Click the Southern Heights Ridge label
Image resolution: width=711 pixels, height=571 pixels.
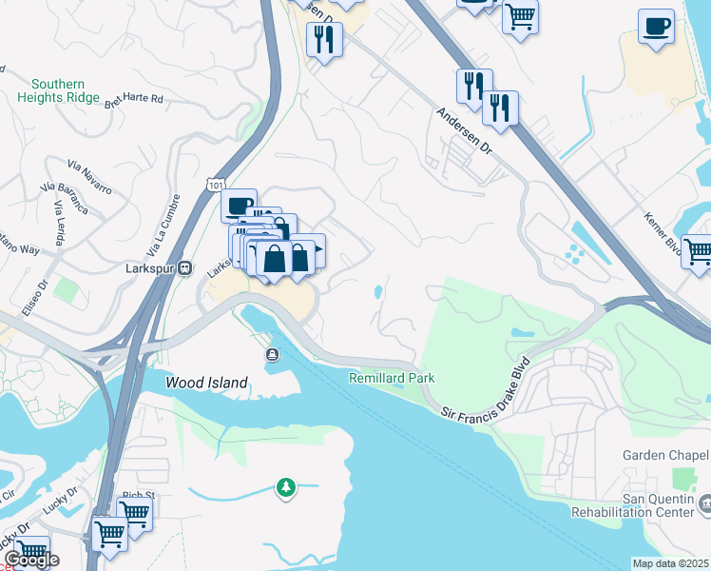[x=58, y=91]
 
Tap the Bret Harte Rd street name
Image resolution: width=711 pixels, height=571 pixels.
[x=136, y=98]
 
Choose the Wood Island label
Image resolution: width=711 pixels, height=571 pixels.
[x=206, y=383]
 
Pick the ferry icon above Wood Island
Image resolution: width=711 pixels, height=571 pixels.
[x=273, y=355]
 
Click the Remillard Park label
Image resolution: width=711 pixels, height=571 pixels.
[x=392, y=378]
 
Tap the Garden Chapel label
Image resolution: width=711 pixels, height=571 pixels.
[x=665, y=455]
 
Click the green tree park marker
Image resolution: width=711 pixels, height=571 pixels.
[x=285, y=487]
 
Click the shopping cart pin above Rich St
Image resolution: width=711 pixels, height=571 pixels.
[x=134, y=512]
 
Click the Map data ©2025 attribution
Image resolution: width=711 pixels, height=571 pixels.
[x=670, y=563]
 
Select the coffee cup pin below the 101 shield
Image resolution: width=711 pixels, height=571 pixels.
[x=239, y=205]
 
